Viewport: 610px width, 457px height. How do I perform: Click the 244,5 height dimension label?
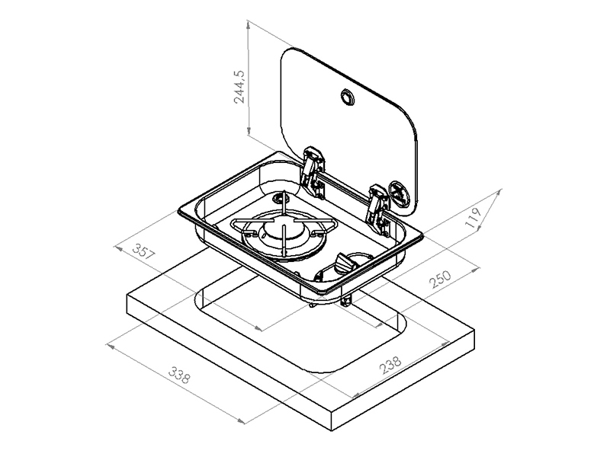239,87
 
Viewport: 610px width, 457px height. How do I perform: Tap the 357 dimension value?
144,251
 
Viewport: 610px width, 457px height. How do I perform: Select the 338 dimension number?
179,375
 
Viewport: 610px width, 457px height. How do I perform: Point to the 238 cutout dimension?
390,366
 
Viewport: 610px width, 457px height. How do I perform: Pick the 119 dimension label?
474,218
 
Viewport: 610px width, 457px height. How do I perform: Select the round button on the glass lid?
347,97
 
